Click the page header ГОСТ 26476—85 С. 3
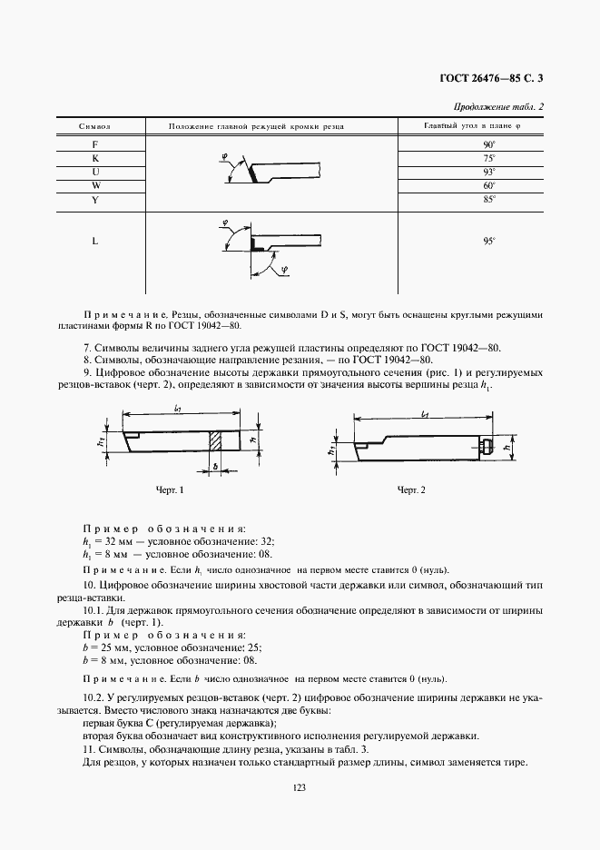click(491, 80)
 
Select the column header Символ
click(95, 126)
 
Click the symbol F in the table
click(95, 144)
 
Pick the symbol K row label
click(95, 158)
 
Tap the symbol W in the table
click(95, 185)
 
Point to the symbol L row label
click(95, 242)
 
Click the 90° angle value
click(487, 144)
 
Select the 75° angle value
click(487, 158)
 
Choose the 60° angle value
click(487, 185)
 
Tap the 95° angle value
click(487, 242)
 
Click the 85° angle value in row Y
click(487, 199)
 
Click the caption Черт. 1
click(170, 490)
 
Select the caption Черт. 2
click(411, 490)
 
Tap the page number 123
click(300, 788)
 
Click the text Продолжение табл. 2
click(504, 106)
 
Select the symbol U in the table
click(95, 172)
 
